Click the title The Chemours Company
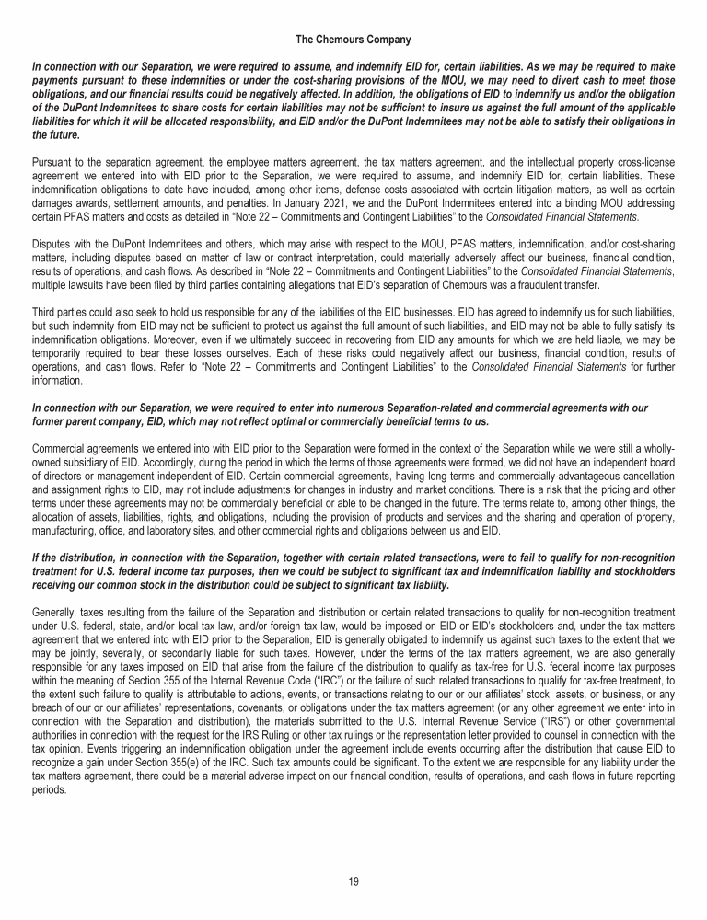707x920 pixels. pos(353,40)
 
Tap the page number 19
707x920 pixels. pos(353,880)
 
